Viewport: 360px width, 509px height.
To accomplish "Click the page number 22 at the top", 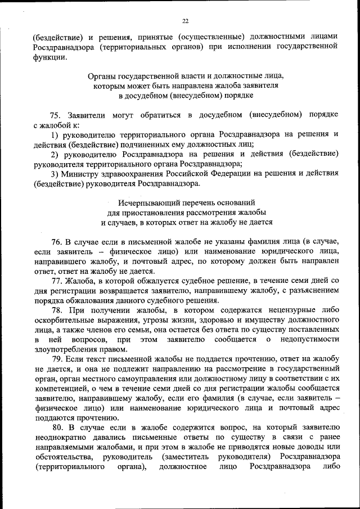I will (x=185, y=21).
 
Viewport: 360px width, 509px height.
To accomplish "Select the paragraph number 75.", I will (x=55, y=114).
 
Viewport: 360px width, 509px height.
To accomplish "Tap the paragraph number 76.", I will (x=56, y=241).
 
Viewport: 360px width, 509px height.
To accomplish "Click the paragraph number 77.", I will (x=56, y=281).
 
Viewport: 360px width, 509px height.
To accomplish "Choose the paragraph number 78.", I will (x=56, y=310).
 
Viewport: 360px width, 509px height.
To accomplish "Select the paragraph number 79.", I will (x=56, y=359).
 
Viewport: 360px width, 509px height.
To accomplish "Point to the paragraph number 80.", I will (x=56, y=428).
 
